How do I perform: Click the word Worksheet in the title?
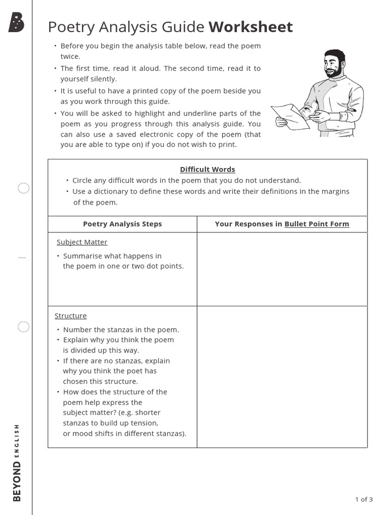[250, 27]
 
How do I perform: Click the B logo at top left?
[16, 23]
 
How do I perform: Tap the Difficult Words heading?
[208, 169]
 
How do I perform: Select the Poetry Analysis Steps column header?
[122, 224]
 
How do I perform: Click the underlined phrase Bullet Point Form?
[317, 224]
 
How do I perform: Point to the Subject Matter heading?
[82, 242]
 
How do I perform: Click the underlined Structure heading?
[70, 316]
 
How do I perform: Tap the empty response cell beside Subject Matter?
[281, 269]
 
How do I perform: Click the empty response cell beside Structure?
[281, 377]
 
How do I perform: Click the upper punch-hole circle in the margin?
[24, 189]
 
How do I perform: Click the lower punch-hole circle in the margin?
[24, 327]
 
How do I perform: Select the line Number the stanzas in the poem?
[121, 330]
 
